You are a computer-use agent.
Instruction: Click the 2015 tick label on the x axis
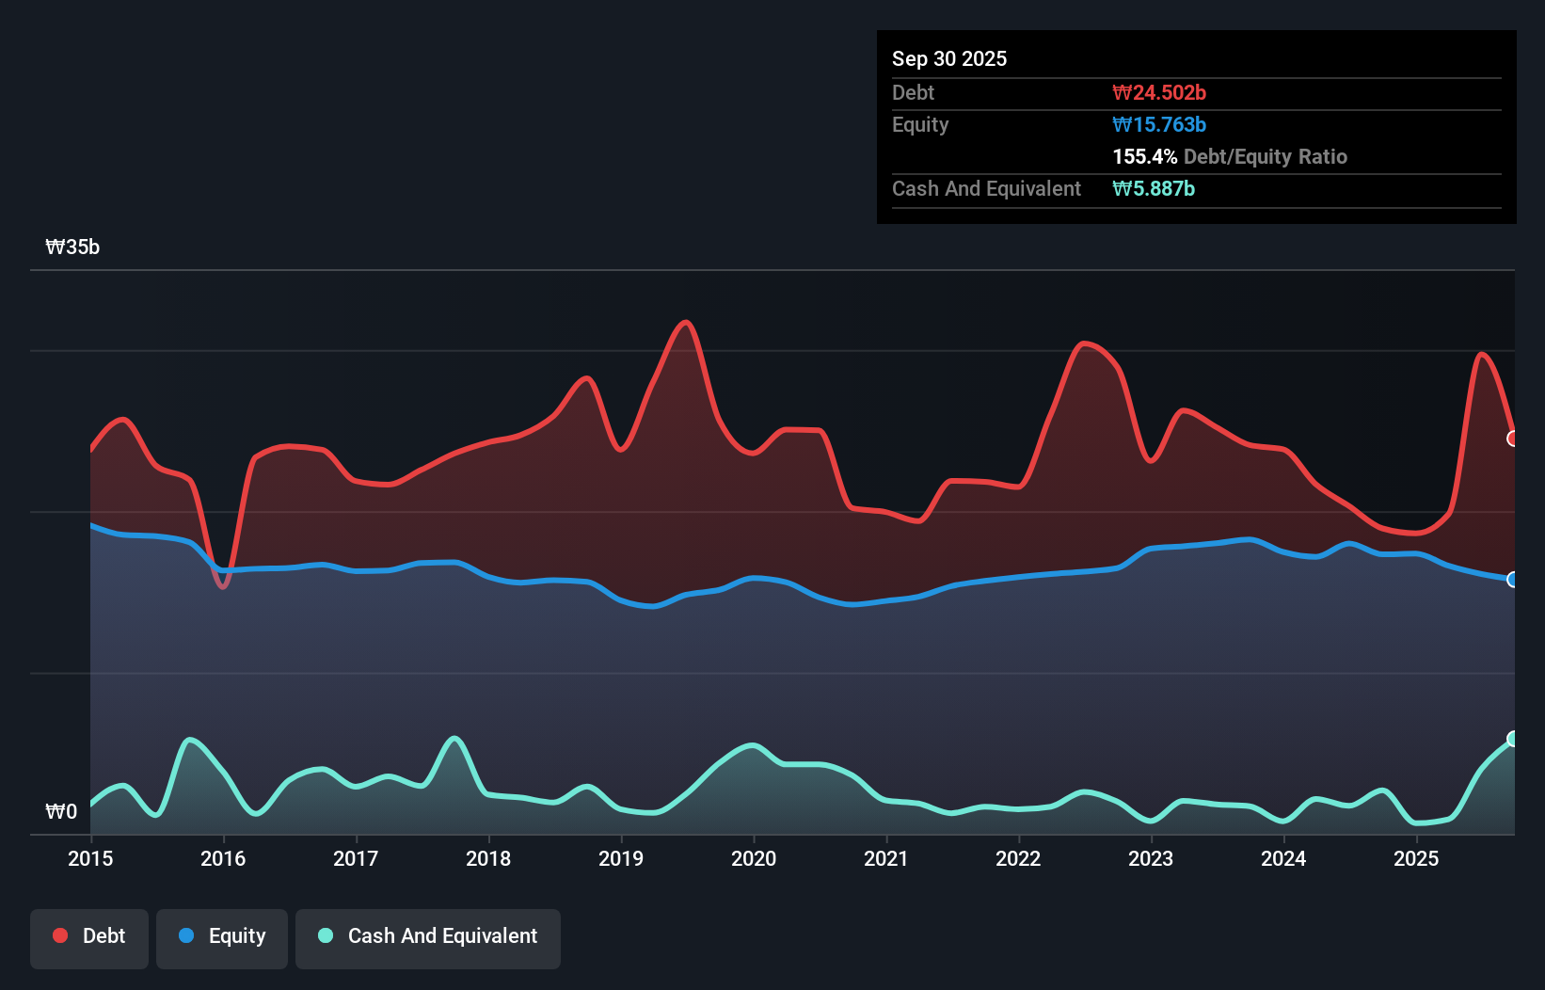point(90,858)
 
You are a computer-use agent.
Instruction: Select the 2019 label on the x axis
point(621,858)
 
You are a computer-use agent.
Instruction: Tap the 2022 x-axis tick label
point(1018,858)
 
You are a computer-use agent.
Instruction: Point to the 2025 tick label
point(1416,858)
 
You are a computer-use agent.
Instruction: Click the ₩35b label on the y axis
point(72,247)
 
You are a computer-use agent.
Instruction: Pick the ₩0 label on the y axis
point(61,811)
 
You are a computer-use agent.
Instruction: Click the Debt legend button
point(89,936)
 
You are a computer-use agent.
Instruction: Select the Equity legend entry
point(222,936)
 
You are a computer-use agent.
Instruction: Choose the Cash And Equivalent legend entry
point(428,936)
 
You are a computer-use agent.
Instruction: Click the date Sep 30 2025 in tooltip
point(949,58)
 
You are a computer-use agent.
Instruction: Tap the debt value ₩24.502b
point(1159,92)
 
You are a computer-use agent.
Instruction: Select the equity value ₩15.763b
point(1159,124)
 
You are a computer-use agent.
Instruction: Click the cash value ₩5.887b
point(1154,188)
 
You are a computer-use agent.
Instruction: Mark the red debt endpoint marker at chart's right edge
point(1513,439)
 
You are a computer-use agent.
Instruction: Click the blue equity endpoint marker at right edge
point(1513,580)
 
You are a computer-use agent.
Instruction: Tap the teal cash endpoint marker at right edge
point(1513,739)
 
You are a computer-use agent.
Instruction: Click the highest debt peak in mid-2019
point(687,323)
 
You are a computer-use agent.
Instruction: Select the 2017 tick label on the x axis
point(356,858)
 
